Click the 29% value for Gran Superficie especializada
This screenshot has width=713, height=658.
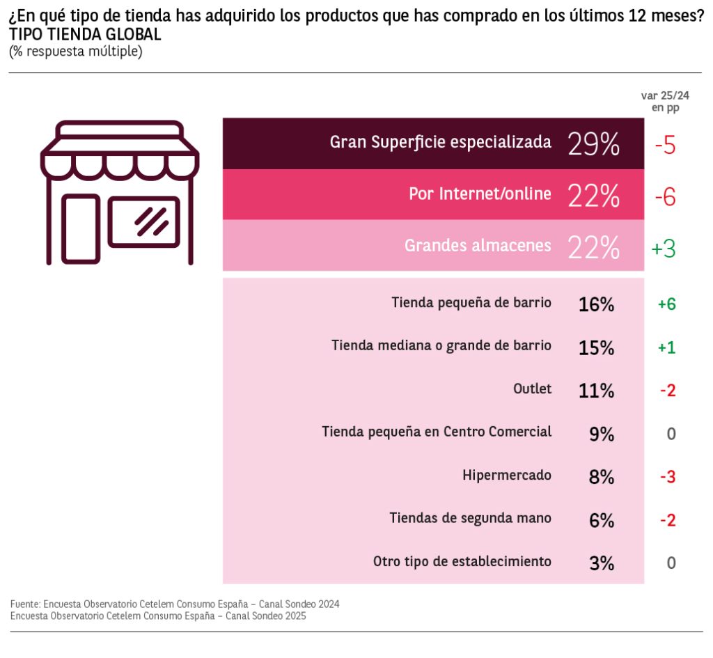click(593, 143)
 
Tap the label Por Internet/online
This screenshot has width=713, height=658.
click(480, 194)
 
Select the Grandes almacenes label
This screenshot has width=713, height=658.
click(478, 246)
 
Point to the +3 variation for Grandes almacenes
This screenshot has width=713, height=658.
click(664, 249)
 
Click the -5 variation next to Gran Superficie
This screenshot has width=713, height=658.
click(665, 145)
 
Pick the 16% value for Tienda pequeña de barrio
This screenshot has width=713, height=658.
click(596, 304)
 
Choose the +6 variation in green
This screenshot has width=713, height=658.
click(667, 304)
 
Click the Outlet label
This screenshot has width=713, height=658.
click(532, 389)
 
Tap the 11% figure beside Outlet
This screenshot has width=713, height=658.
click(596, 391)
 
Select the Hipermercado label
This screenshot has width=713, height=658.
click(507, 476)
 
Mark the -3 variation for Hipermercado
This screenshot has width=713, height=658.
click(668, 477)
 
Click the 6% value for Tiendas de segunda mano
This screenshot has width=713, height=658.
click(601, 520)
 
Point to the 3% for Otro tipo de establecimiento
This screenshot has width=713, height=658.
click(601, 563)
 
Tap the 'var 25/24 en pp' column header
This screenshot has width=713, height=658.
click(665, 102)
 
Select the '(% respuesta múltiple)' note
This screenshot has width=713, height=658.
click(75, 52)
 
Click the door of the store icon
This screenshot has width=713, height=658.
click(81, 228)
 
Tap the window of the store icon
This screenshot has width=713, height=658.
click(143, 221)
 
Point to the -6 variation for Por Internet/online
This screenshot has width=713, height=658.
click(665, 197)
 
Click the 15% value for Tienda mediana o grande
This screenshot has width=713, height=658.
click(596, 347)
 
